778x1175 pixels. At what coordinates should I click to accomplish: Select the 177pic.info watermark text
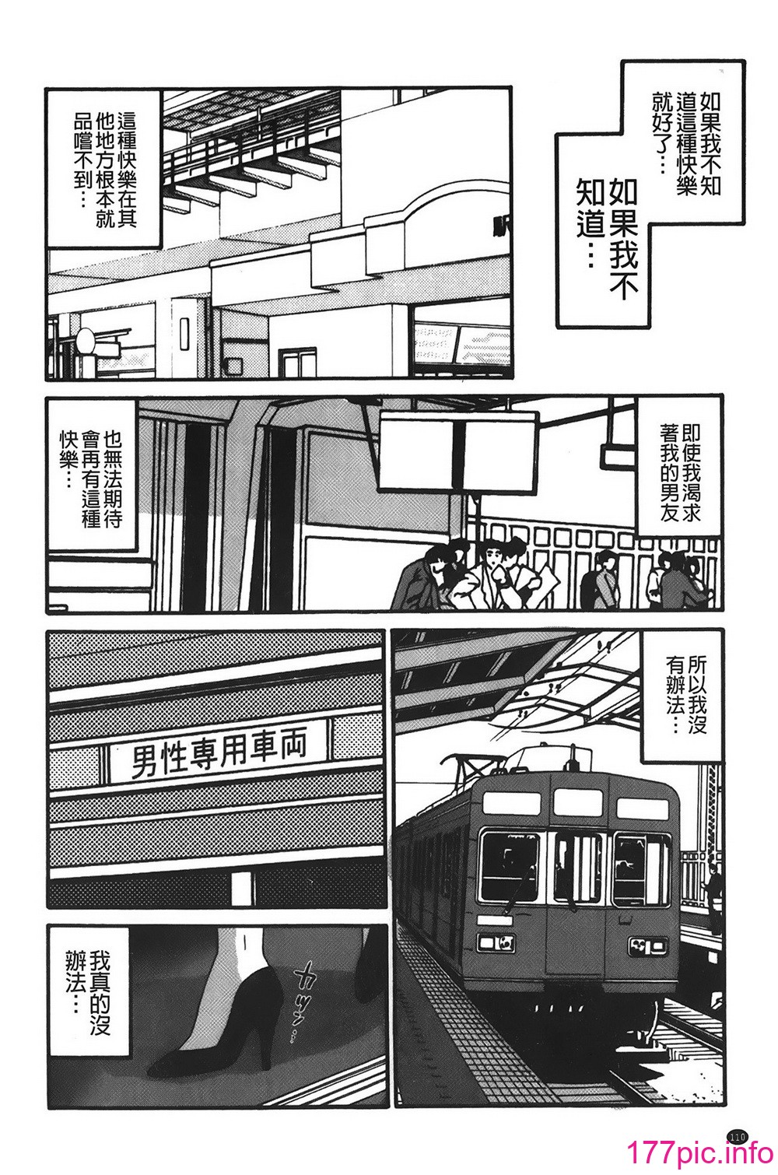point(700,1152)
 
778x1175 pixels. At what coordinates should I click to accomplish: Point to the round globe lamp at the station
point(86,341)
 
